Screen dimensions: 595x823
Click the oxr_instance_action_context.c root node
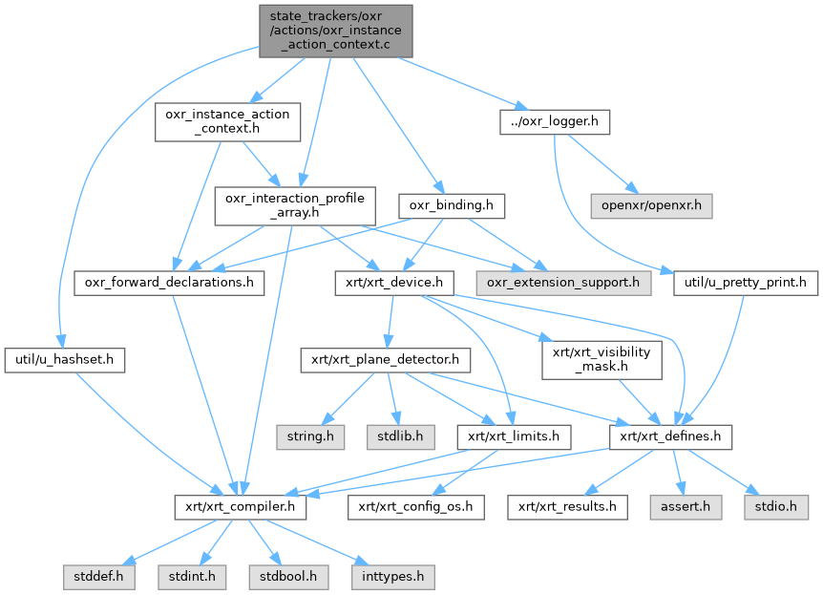(334, 30)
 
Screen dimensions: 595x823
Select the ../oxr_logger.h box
(554, 122)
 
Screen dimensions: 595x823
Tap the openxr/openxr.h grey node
(650, 205)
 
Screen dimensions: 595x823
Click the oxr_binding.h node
(450, 205)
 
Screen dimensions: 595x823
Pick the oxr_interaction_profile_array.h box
(293, 205)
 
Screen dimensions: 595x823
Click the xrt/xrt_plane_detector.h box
(386, 360)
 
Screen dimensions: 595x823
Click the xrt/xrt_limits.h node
(514, 437)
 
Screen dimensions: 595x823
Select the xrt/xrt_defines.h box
(671, 437)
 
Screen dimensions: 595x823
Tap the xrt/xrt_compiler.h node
(240, 507)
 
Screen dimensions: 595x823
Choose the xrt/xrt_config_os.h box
(415, 507)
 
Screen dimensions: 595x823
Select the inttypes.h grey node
(393, 577)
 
